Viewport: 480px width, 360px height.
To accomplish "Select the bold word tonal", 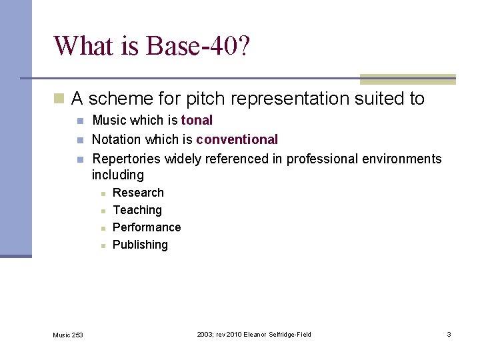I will click(x=197, y=121).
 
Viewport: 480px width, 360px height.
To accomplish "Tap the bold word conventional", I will click(x=237, y=140).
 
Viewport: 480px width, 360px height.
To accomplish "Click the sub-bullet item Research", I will click(x=138, y=193).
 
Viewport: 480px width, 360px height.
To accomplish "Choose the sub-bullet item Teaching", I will click(x=137, y=210).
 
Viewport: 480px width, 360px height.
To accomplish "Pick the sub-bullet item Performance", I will click(x=147, y=227).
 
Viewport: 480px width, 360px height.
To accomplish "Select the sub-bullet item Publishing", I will click(x=140, y=245).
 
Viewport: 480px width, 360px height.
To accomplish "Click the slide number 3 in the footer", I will click(x=449, y=334).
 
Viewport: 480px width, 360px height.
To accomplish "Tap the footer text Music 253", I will click(x=68, y=335).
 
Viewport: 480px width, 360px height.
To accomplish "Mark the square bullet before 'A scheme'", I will click(x=59, y=99).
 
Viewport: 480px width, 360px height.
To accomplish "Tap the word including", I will click(x=118, y=175).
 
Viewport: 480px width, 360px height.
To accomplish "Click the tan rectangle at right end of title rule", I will click(x=407, y=79).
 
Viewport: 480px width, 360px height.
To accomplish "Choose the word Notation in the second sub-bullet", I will click(x=115, y=140).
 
